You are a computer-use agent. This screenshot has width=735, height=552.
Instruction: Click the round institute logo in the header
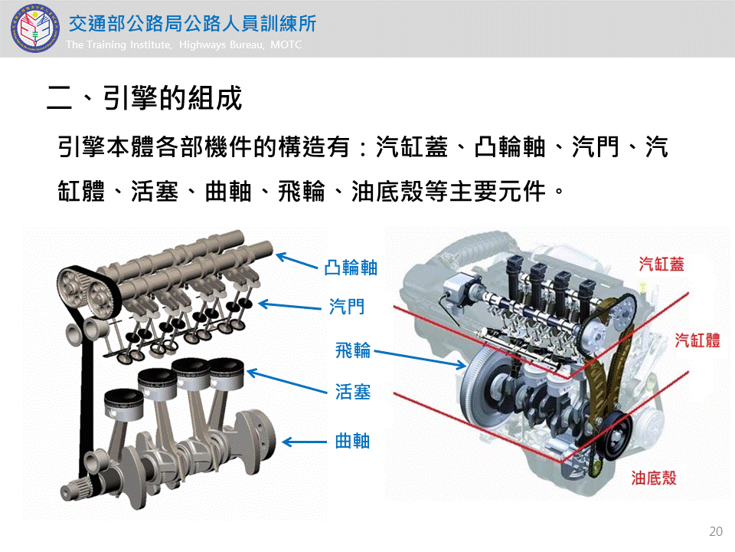[x=35, y=28]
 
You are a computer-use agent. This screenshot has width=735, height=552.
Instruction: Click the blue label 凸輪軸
[x=351, y=268]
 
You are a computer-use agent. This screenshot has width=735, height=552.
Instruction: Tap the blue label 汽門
[x=347, y=307]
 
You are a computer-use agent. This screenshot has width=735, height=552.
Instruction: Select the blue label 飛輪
[x=353, y=350]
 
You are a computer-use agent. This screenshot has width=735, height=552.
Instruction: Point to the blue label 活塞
[x=353, y=392]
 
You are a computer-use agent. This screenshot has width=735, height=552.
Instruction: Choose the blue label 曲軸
[x=352, y=441]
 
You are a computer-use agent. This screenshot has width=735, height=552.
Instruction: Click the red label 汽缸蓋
[x=661, y=264]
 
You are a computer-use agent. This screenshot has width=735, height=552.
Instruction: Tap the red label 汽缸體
[x=697, y=340]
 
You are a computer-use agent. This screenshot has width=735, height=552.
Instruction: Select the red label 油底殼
[x=654, y=478]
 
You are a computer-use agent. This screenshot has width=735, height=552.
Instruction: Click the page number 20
[x=715, y=531]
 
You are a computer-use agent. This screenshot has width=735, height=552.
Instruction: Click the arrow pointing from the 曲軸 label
[x=305, y=442]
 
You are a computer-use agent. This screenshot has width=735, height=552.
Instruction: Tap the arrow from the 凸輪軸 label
[x=297, y=261]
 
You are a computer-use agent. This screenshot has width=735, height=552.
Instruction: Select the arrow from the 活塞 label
[x=287, y=381]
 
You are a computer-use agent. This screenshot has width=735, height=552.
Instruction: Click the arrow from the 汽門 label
[x=289, y=306]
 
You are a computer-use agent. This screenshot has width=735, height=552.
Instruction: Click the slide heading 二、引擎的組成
[x=145, y=98]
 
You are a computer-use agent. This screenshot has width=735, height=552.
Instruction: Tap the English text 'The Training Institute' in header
[x=119, y=44]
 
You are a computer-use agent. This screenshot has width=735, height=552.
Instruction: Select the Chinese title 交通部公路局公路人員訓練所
[x=193, y=24]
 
